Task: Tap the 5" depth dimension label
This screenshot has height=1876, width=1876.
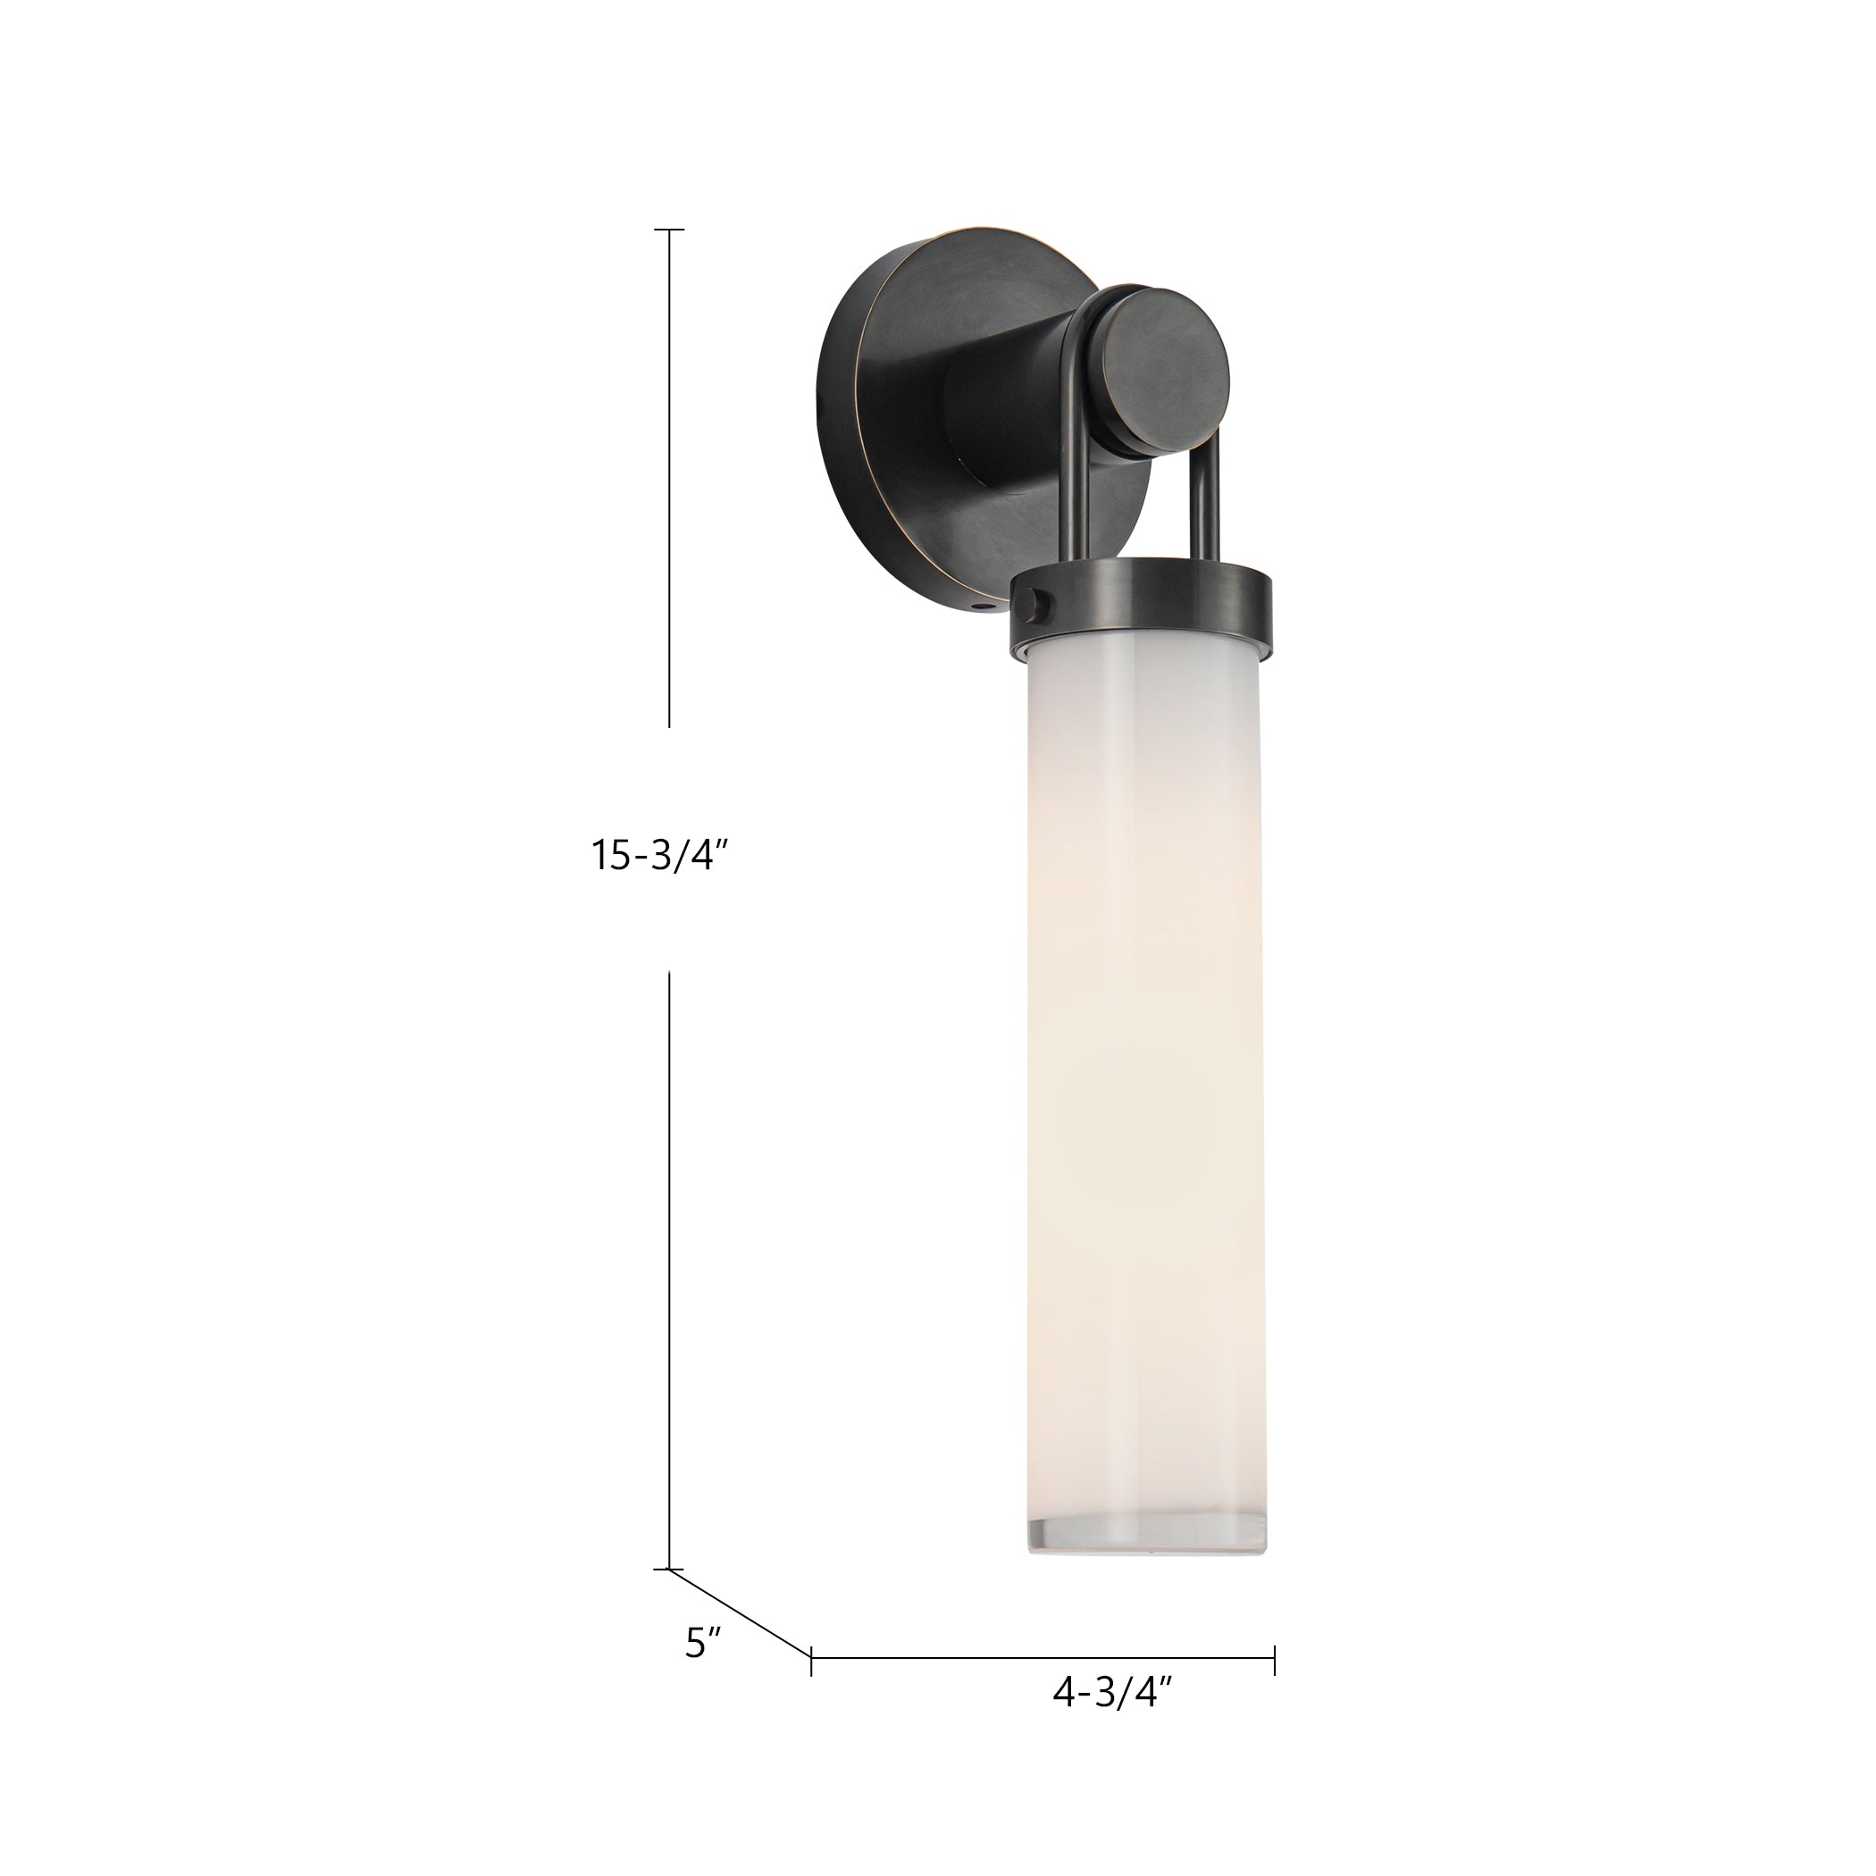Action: coord(703,1642)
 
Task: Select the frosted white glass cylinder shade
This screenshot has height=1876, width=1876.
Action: coord(1146,1068)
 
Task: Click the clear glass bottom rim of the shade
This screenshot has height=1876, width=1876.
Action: coord(1147,1531)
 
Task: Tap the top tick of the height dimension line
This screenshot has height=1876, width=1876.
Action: coord(669,230)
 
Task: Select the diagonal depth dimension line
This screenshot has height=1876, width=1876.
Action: coord(740,1618)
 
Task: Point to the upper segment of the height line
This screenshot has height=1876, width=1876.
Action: coord(669,476)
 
